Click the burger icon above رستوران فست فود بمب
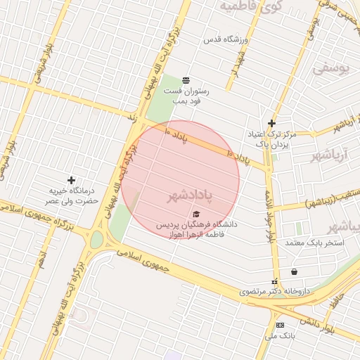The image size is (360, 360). [x=186, y=80]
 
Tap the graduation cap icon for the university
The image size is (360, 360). [x=196, y=214]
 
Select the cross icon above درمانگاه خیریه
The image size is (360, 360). [x=70, y=181]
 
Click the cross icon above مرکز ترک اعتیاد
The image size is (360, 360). [x=271, y=124]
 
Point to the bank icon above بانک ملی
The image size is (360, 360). [x=280, y=325]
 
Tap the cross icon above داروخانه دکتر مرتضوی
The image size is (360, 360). [x=275, y=281]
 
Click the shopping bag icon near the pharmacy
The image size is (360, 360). [x=293, y=271]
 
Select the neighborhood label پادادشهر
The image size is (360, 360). [x=189, y=195]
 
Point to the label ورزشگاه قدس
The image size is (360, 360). [x=226, y=40]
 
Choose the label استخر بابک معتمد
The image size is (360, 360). [x=314, y=243]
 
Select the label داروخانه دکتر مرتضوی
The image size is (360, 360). [x=264, y=291]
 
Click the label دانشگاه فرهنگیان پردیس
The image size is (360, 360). [x=198, y=224]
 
